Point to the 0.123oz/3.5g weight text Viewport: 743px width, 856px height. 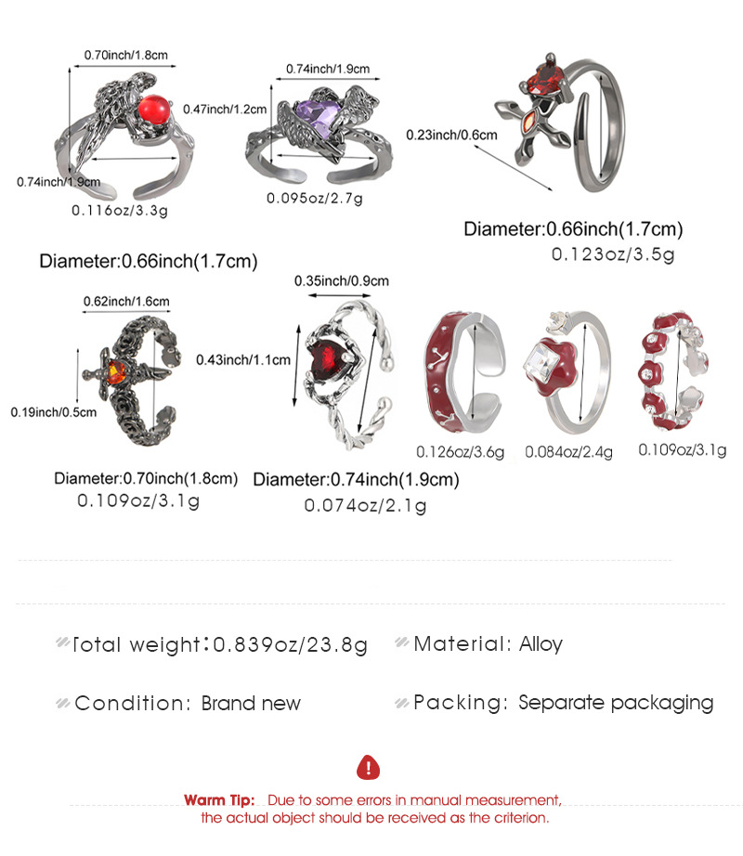613,253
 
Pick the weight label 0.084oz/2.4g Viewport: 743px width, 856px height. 568,452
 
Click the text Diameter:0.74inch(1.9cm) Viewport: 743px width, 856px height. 356,480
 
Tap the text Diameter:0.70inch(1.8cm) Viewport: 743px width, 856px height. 146,479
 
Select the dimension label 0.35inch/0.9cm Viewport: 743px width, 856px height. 341,280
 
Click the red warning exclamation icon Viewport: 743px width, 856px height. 370,767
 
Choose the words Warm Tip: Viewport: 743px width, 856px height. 219,800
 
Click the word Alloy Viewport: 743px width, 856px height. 541,643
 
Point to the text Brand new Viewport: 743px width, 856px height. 251,703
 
